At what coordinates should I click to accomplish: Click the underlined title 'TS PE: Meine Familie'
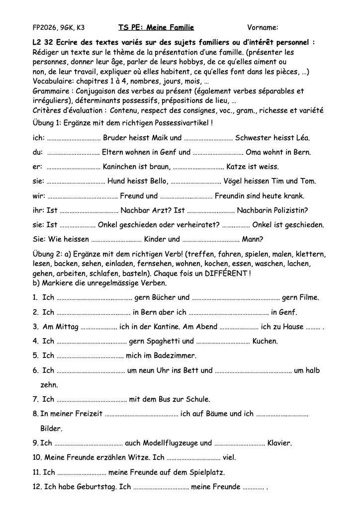coord(156,27)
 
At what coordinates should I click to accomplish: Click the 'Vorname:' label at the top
coord(263,27)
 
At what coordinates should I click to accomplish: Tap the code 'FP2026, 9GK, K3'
coord(58,27)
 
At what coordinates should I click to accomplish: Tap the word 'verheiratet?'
coord(198,225)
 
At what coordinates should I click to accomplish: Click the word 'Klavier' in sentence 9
coord(279,443)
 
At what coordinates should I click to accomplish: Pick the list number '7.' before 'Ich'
coord(36,399)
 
